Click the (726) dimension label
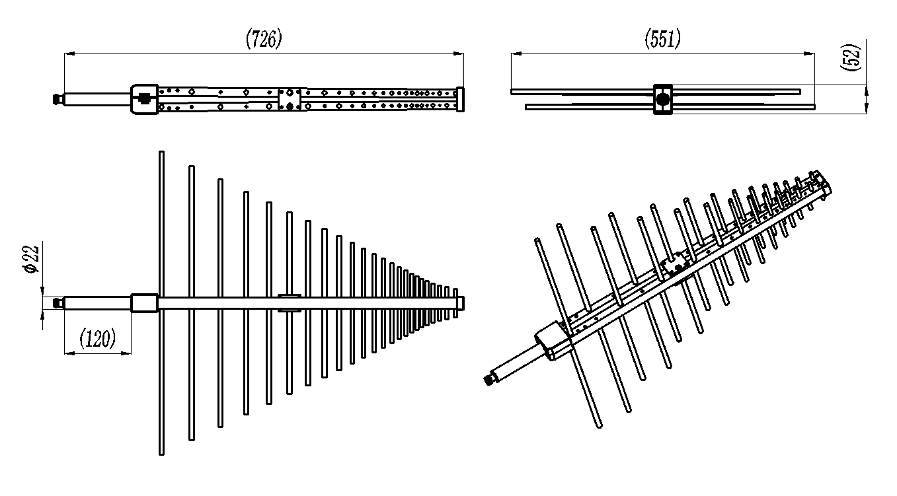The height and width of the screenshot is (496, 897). click(x=264, y=38)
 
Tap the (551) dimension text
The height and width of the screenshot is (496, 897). click(x=663, y=38)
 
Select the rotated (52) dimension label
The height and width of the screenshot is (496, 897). click(x=850, y=57)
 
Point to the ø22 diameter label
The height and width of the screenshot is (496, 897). click(x=31, y=259)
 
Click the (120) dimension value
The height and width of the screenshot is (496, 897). click(x=98, y=338)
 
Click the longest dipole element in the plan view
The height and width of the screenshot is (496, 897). click(x=161, y=302)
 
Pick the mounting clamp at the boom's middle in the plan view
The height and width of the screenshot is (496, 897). click(x=289, y=302)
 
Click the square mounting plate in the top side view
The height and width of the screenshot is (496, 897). click(x=289, y=99)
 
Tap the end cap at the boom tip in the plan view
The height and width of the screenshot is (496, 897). click(x=461, y=303)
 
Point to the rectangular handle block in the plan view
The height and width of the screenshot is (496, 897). click(x=144, y=302)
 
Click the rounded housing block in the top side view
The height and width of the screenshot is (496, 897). click(x=144, y=99)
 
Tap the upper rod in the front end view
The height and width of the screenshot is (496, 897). click(x=656, y=92)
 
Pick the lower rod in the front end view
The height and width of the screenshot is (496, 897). click(x=670, y=107)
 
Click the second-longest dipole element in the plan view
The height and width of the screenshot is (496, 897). click(x=192, y=302)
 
